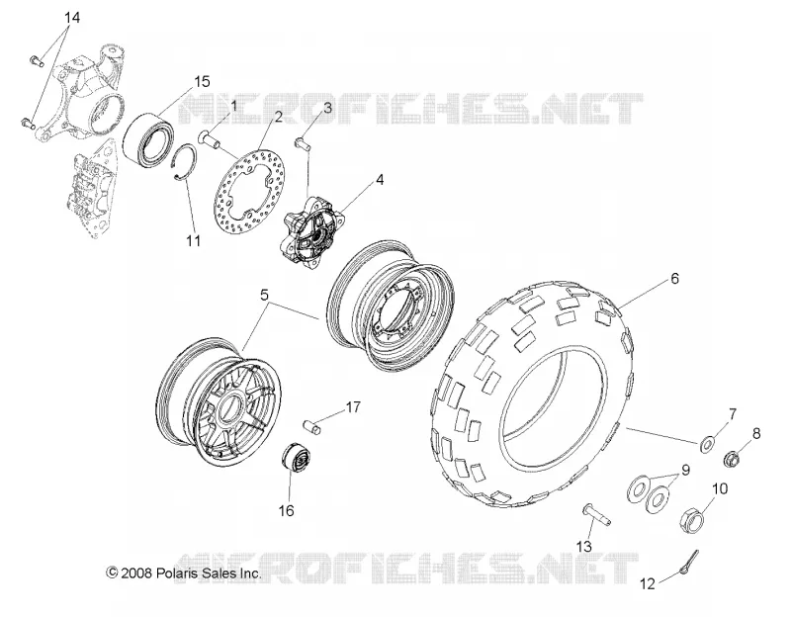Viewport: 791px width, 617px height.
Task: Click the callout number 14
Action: tap(71, 18)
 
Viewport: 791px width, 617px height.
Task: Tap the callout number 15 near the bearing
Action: tap(202, 81)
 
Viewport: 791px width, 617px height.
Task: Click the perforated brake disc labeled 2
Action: tap(251, 192)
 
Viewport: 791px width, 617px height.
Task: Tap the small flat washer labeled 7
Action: tap(707, 444)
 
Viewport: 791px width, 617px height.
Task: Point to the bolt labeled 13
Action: tap(597, 514)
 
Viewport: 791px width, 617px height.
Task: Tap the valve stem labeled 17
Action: tap(313, 425)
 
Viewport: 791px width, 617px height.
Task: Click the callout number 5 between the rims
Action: tap(264, 295)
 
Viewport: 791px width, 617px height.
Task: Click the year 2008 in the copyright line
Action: tap(135, 573)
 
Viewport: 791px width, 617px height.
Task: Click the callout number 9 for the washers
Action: tap(685, 470)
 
